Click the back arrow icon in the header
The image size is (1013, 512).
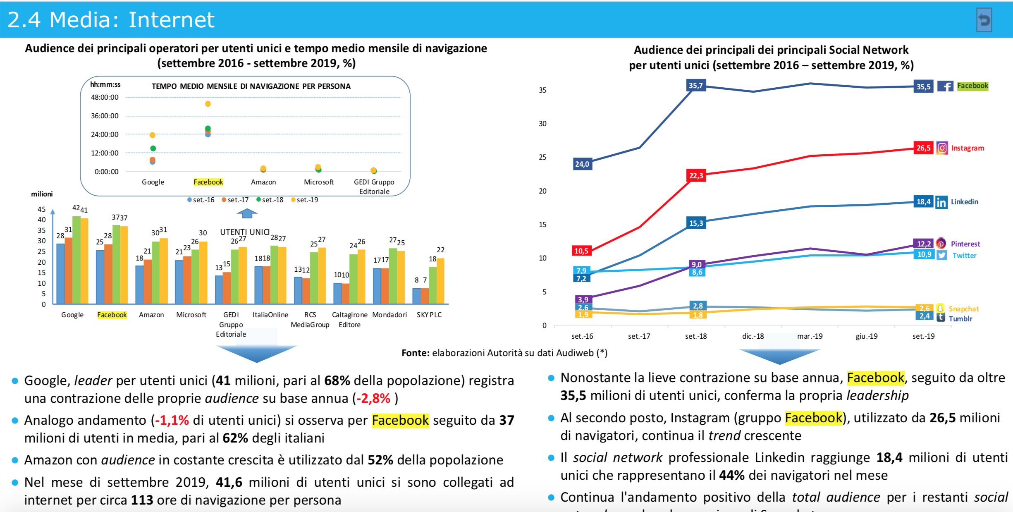tap(984, 20)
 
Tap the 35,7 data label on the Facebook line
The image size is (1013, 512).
tap(695, 86)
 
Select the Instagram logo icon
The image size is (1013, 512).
tap(942, 148)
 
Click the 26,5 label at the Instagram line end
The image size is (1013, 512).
tap(923, 148)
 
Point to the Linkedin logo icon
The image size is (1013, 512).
tap(941, 202)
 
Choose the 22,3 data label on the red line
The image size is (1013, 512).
tap(696, 176)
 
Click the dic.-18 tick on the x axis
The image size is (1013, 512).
tap(753, 336)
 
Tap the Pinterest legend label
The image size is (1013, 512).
tap(965, 244)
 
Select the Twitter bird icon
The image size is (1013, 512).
tap(941, 255)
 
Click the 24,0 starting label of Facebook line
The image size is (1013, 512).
tap(582, 164)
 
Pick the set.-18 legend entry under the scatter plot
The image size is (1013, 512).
tap(270, 200)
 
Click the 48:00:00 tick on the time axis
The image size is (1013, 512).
tap(105, 98)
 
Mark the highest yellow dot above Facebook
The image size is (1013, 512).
tap(208, 104)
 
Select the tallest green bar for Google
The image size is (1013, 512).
tap(76, 260)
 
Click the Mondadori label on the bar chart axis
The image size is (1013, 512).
tap(389, 315)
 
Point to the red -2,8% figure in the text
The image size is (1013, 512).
tap(373, 398)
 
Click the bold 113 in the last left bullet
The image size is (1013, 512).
tap(142, 500)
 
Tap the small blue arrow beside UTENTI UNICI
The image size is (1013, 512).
tap(247, 213)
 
